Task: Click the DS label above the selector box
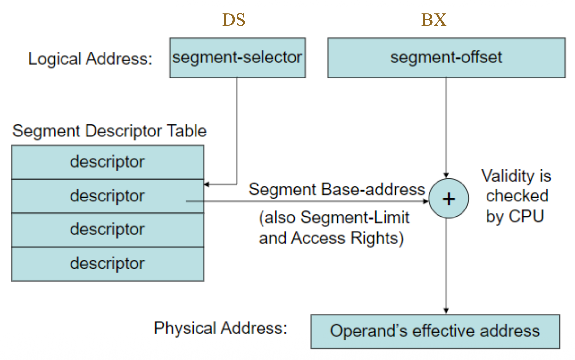pyautogui.click(x=234, y=20)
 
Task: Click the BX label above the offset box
pyautogui.click(x=434, y=20)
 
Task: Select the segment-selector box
pyautogui.click(x=237, y=58)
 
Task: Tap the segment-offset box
pyautogui.click(x=446, y=58)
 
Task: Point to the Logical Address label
pyautogui.click(x=90, y=59)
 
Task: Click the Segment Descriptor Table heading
pyautogui.click(x=109, y=131)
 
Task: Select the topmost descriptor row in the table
pyautogui.click(x=107, y=162)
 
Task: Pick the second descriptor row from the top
pyautogui.click(x=107, y=196)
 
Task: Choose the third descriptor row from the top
pyautogui.click(x=107, y=230)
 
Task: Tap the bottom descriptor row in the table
pyautogui.click(x=107, y=264)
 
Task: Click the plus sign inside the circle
pyautogui.click(x=449, y=199)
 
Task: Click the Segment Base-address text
pyautogui.click(x=337, y=189)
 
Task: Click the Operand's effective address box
pyautogui.click(x=435, y=331)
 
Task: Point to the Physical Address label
pyautogui.click(x=220, y=328)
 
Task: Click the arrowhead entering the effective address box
pyautogui.click(x=446, y=311)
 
